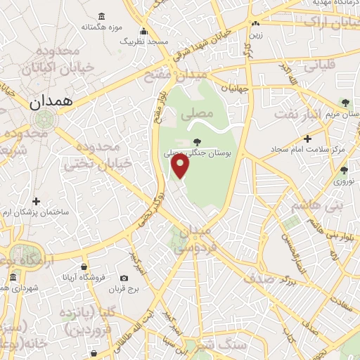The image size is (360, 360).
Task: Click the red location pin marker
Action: pyautogui.click(x=181, y=166)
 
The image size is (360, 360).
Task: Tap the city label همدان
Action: pyautogui.click(x=51, y=101)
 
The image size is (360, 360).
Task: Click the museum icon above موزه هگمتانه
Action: pyautogui.click(x=103, y=16)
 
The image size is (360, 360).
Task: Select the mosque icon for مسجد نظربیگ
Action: pyautogui.click(x=144, y=31)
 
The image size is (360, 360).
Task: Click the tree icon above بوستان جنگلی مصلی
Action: pyautogui.click(x=197, y=141)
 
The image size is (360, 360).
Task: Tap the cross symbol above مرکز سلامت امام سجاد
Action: pyautogui.click(x=308, y=139)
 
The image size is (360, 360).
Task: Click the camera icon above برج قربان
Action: pyautogui.click(x=124, y=278)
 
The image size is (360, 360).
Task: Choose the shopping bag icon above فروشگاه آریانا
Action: pyautogui.click(x=84, y=267)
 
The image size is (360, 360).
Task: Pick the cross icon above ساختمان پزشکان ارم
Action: pyautogui.click(x=37, y=202)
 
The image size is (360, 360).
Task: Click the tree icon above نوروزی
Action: pyautogui.click(x=344, y=169)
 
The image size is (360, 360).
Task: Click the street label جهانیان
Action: pyautogui.click(x=235, y=89)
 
